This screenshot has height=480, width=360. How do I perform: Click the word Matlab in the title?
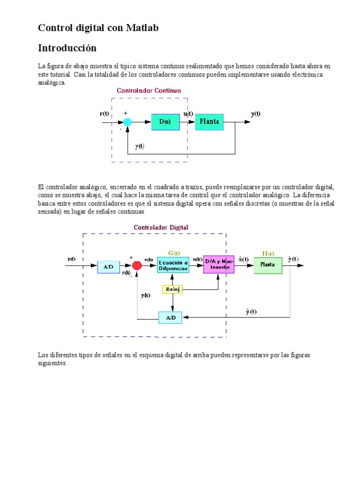[x=142, y=28]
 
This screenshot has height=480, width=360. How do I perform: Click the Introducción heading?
[x=67, y=48]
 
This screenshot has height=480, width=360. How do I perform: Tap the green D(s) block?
[x=165, y=122]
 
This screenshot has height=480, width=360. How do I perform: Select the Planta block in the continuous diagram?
[x=210, y=122]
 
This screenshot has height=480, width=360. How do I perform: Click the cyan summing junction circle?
[x=127, y=122]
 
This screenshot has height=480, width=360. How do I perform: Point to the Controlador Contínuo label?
[x=149, y=90]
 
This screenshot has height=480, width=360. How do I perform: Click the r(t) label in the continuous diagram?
[x=105, y=114]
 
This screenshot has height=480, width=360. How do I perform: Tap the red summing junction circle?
[x=137, y=266]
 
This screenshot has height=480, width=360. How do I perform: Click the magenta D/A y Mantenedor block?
[x=218, y=264]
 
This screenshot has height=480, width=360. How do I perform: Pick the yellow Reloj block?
[x=172, y=290]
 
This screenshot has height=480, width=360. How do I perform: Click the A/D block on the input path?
[x=108, y=267]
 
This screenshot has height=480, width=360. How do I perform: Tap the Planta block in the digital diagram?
[x=268, y=265]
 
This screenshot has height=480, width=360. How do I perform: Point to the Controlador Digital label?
[x=161, y=227]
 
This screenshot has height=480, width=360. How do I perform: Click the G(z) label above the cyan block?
[x=174, y=253]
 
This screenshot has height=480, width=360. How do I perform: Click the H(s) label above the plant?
[x=268, y=253]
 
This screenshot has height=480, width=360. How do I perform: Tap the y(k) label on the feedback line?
[x=145, y=295]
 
